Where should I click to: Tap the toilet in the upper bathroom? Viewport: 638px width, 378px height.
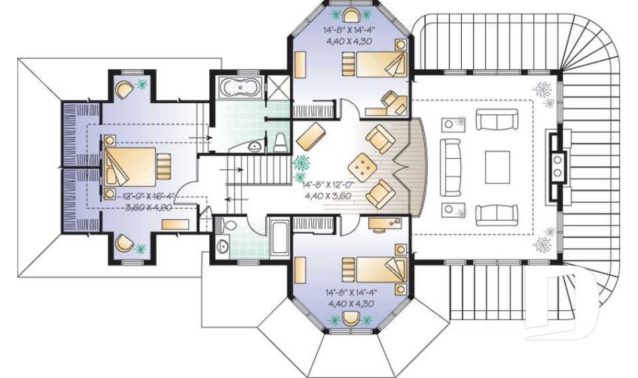click(280, 140)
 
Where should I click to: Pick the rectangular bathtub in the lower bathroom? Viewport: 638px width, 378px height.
click(278, 236)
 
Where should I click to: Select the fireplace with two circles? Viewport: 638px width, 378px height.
click(555, 167)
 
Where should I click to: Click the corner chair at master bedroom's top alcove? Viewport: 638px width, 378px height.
click(124, 88)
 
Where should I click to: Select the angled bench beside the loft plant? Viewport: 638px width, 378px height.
click(310, 136)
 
